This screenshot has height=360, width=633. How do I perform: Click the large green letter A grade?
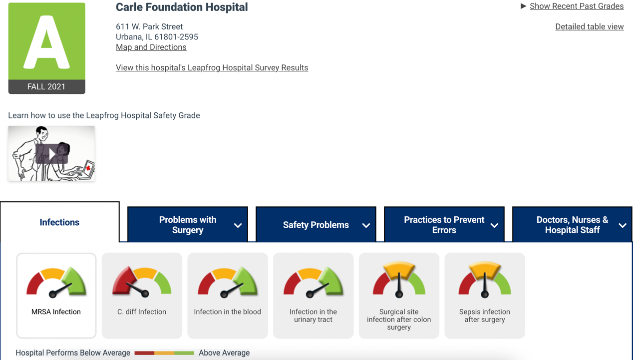coord(46,42)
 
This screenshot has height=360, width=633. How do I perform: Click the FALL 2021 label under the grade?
coord(46,87)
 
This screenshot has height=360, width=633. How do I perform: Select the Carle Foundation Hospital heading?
coord(182,7)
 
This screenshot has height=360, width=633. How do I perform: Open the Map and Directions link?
coord(151,47)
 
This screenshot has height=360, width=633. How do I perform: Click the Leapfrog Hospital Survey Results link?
coord(212,68)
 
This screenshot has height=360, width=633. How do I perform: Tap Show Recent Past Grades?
coord(576,6)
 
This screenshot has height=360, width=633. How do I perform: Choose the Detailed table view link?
coord(589,27)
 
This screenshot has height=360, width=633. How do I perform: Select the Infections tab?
coord(59,223)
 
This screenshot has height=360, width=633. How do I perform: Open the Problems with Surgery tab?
coord(188,225)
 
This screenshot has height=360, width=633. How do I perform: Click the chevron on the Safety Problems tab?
coord(366,226)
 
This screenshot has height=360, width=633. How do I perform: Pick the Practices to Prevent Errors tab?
coord(444,225)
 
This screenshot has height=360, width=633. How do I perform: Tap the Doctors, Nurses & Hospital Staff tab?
coord(572,225)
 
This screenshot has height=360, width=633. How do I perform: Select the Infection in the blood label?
coord(227,312)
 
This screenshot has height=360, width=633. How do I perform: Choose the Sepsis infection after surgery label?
coord(484,316)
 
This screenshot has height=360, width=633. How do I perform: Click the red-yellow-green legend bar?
coord(164,353)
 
